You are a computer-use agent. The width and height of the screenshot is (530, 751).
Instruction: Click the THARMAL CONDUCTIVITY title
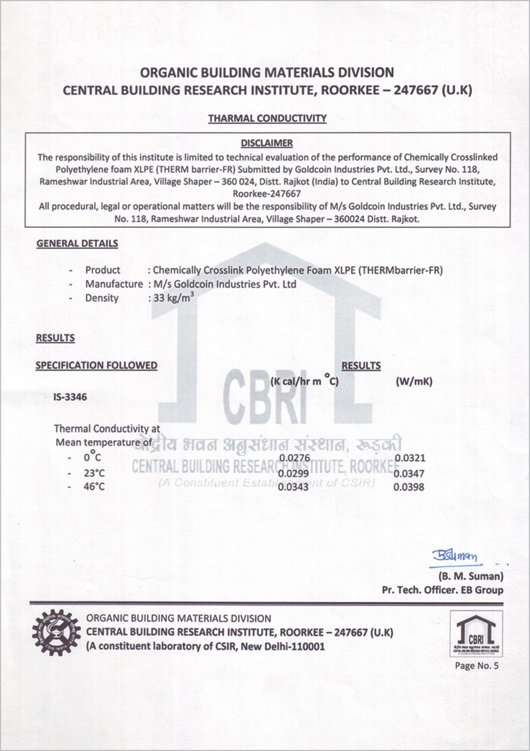point(267,118)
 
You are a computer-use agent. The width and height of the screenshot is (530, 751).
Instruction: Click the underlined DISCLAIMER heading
point(267,143)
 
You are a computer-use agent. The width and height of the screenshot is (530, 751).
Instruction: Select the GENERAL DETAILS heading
point(77,244)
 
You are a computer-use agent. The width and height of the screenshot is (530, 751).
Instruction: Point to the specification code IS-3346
point(70,396)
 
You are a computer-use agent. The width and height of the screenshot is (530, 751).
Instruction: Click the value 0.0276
point(294,458)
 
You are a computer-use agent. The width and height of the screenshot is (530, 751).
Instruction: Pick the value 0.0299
point(294,473)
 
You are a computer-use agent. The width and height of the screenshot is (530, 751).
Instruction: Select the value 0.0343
point(294,487)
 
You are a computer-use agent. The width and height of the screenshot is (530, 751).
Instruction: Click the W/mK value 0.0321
point(409,458)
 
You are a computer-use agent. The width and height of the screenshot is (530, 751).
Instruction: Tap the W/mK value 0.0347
point(409,473)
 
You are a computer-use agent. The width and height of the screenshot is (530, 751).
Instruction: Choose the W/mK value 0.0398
point(409,487)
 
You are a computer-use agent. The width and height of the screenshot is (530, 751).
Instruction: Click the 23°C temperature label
point(94,473)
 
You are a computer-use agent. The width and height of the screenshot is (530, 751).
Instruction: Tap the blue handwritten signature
point(455,556)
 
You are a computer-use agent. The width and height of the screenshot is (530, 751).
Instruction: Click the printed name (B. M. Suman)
point(471,577)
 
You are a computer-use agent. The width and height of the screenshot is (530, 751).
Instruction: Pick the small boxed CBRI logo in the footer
point(476,634)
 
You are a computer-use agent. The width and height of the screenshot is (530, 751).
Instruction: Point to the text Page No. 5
point(477,666)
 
